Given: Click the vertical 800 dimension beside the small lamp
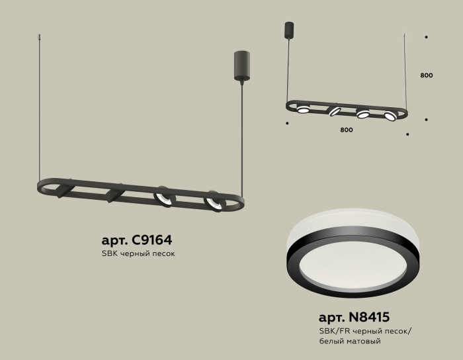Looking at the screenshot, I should (427, 75).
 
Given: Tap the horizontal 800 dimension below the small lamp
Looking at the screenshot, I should (346, 130).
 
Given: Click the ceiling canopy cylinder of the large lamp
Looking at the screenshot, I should (240, 66).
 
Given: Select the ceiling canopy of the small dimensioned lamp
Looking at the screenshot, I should (288, 30).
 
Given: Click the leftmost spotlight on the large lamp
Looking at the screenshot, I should (63, 191).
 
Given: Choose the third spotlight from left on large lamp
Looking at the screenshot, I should (163, 197).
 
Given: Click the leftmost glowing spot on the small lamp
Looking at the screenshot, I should (303, 109).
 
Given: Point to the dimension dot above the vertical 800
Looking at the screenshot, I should (426, 38).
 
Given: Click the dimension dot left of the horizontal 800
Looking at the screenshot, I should (287, 123).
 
